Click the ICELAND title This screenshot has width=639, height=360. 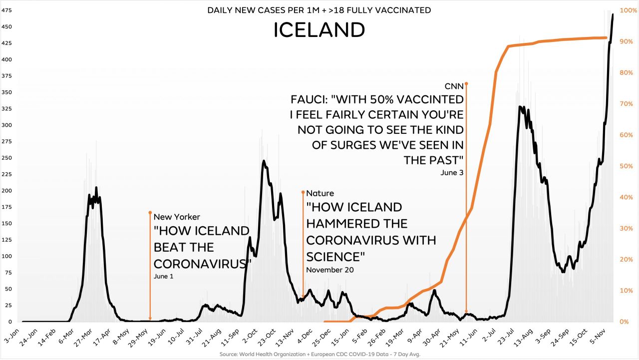tap(319, 30)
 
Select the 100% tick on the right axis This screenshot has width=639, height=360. tap(628, 10)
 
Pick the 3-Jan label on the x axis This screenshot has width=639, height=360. tap(12, 335)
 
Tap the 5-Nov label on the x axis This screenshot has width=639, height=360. tap(602, 336)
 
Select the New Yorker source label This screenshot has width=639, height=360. tap(177, 217)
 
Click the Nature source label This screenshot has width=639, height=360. tap(320, 193)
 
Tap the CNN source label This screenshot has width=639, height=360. tap(454, 86)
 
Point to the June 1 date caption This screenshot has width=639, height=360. tap(164, 276)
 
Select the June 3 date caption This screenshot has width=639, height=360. tap(452, 173)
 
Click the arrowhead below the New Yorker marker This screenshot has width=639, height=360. tap(150, 318)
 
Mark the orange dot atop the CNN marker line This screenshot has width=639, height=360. tap(466, 83)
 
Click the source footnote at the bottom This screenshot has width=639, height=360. tap(319, 354)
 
